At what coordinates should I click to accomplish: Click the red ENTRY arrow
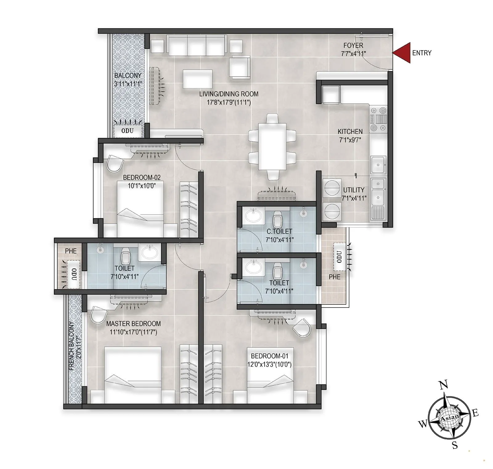(402, 53)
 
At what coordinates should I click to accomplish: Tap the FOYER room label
(353, 45)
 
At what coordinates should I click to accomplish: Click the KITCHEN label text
(350, 132)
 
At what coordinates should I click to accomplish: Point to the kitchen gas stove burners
(378, 119)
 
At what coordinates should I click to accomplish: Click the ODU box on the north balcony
(128, 131)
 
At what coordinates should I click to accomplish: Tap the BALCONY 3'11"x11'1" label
(128, 79)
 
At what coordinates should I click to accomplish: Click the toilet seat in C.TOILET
(278, 220)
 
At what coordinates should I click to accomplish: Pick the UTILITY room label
(354, 190)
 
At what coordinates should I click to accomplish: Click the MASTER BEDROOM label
(133, 324)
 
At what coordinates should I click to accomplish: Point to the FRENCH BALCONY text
(71, 346)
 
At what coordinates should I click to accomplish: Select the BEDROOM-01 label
(270, 356)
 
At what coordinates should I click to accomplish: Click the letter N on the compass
(443, 385)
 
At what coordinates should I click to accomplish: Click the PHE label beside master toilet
(71, 251)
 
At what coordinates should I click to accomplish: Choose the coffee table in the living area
(198, 79)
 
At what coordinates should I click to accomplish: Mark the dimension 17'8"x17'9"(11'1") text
(229, 102)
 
